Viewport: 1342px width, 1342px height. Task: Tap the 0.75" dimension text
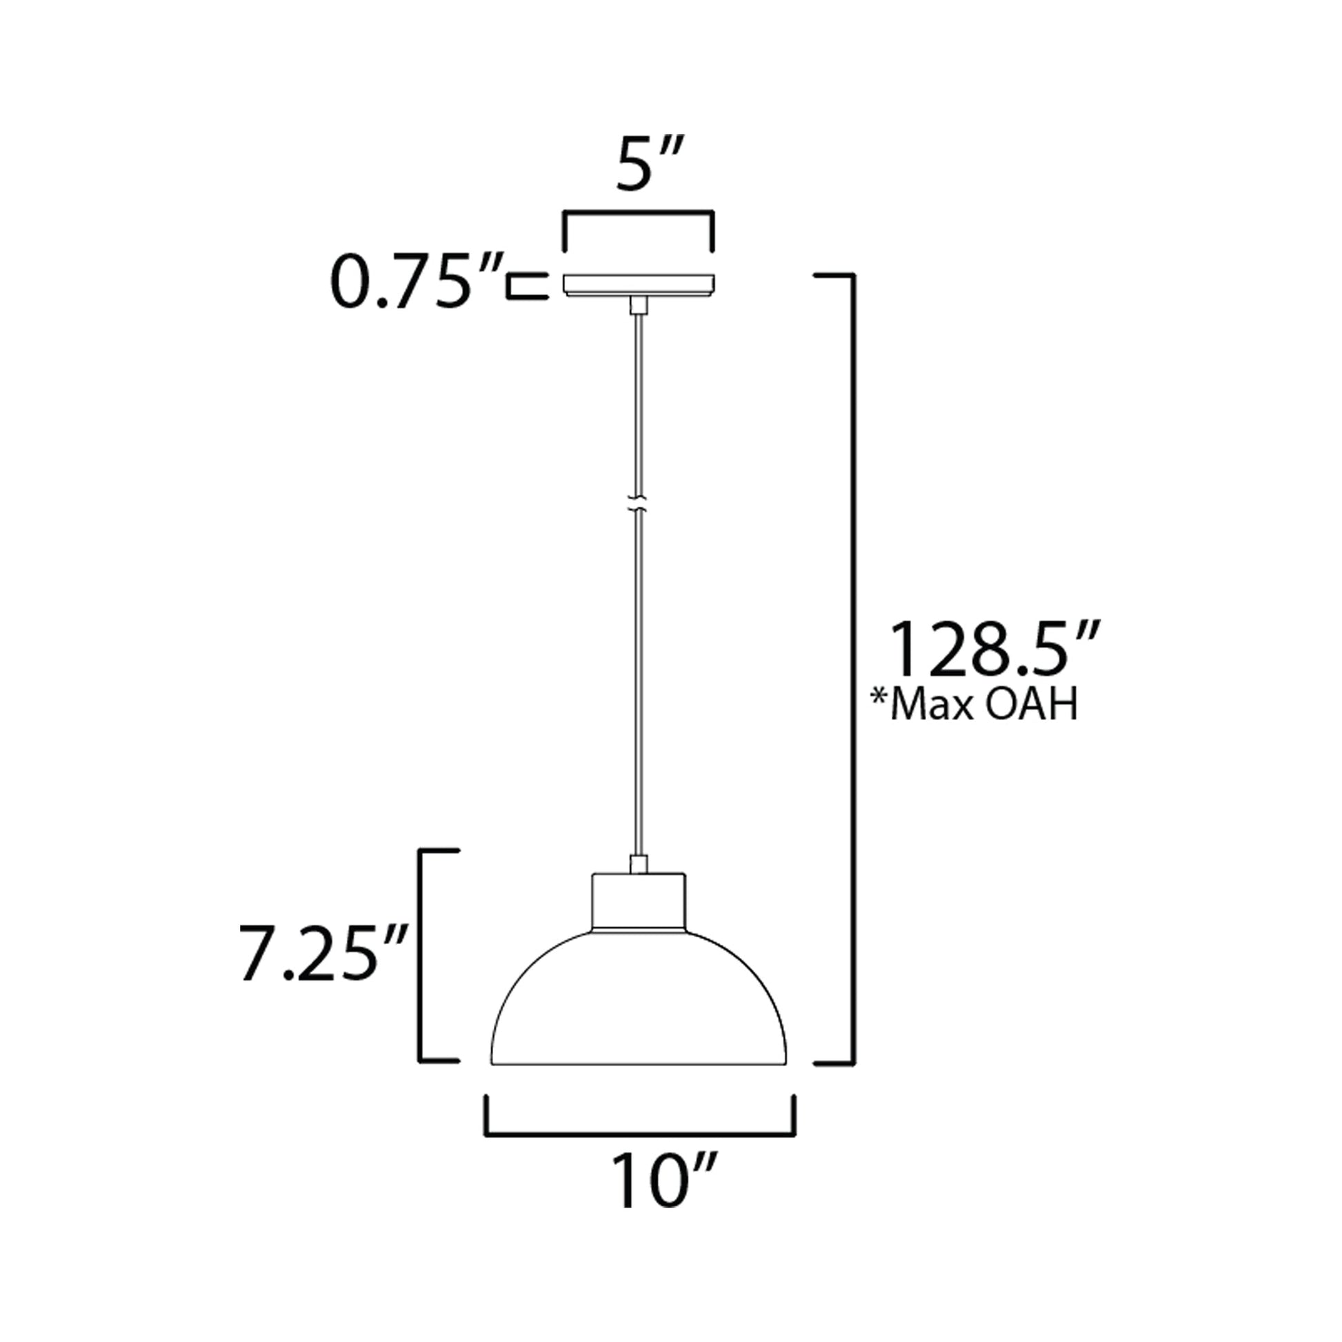[x=415, y=282]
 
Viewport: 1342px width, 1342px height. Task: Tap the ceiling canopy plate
[x=639, y=285]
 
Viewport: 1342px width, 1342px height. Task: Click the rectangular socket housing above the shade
[x=639, y=902]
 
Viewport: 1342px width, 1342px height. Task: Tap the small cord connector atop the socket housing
[x=639, y=865]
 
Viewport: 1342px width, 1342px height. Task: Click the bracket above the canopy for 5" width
[x=639, y=212]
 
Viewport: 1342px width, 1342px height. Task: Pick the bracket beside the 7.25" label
[x=421, y=965]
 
